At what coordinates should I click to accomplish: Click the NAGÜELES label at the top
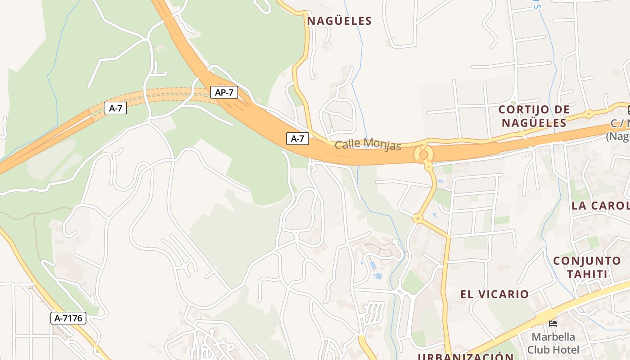(x=339, y=21)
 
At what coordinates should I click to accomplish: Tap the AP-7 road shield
(x=224, y=93)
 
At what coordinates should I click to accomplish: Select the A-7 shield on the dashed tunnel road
(x=116, y=108)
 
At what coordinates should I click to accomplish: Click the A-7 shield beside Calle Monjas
(x=297, y=139)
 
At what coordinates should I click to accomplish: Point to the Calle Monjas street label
(x=368, y=144)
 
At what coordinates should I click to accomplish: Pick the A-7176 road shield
(x=68, y=318)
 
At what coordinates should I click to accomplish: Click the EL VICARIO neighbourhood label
(x=494, y=294)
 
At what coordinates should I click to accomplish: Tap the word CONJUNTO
(x=587, y=261)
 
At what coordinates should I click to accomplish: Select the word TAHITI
(x=587, y=274)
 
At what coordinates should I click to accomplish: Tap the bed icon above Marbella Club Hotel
(x=553, y=323)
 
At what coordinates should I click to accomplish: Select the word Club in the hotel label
(x=539, y=350)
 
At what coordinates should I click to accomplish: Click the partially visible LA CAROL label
(x=600, y=206)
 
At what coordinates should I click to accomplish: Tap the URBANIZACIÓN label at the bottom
(x=465, y=357)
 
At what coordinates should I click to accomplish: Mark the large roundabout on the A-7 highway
(x=423, y=154)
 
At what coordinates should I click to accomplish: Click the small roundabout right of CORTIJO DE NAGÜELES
(x=588, y=113)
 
